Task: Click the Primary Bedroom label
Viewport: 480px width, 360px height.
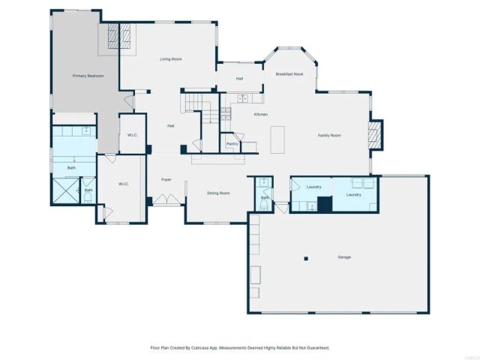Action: click(x=88, y=76)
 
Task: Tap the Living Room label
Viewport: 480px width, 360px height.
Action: click(x=171, y=58)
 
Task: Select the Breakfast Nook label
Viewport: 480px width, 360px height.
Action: click(x=289, y=74)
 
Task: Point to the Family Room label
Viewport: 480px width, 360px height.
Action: click(x=329, y=135)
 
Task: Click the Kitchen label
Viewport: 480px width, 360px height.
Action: click(x=260, y=114)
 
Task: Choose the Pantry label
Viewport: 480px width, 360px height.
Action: click(x=232, y=143)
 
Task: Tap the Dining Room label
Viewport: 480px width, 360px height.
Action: click(x=218, y=193)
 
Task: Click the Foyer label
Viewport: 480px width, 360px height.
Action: click(x=166, y=179)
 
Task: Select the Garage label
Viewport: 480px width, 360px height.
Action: click(x=343, y=256)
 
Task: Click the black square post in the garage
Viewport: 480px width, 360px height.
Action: click(x=305, y=259)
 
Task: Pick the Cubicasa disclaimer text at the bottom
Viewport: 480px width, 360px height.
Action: click(x=240, y=347)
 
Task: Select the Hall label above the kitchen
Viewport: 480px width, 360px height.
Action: click(x=239, y=78)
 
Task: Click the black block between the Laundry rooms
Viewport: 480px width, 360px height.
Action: click(x=324, y=204)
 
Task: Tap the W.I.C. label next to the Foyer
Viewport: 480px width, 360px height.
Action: click(x=124, y=184)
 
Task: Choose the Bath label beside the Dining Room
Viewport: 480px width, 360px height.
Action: click(x=264, y=197)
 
